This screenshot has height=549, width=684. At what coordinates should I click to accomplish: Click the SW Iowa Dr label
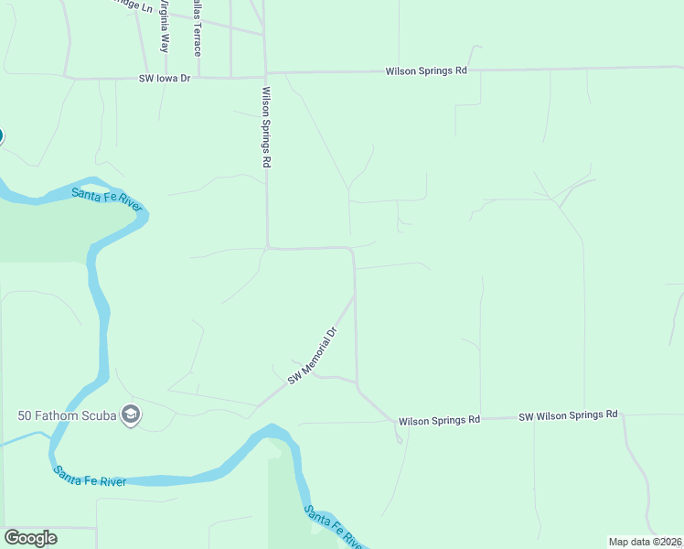(x=166, y=80)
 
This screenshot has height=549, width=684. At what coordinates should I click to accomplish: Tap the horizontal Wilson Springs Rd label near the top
(x=425, y=70)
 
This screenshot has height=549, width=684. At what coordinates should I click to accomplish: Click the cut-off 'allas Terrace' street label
(x=197, y=27)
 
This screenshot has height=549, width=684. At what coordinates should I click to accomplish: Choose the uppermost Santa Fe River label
(x=108, y=197)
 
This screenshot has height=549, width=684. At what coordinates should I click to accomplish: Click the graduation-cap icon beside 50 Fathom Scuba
(x=131, y=416)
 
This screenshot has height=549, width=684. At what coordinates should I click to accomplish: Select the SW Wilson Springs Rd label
(x=568, y=415)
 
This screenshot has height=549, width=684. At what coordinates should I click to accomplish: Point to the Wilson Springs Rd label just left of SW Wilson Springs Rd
(x=438, y=421)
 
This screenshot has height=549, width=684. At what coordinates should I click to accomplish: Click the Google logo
(x=30, y=538)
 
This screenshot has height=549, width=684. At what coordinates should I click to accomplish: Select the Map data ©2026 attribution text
(x=646, y=541)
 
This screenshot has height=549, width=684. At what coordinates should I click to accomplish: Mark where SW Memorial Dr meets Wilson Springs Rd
(x=355, y=296)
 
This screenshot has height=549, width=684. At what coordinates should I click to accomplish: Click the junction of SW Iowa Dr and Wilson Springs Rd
(x=266, y=77)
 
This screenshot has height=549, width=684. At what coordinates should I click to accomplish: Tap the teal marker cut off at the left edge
(x=1, y=136)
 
